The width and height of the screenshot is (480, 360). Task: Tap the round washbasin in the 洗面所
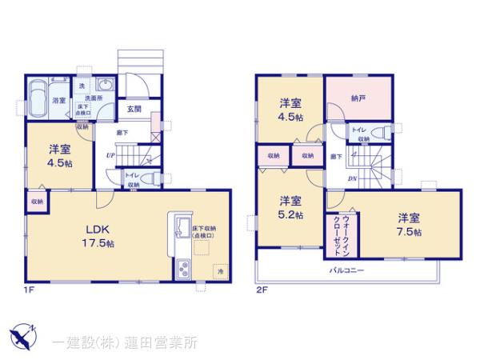106,87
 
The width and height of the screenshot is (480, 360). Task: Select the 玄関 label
133,110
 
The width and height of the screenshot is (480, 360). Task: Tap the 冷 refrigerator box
219,272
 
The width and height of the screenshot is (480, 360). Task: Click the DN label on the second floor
352,179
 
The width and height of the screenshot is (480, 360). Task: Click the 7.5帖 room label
409,226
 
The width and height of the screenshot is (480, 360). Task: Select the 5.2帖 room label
290,208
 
